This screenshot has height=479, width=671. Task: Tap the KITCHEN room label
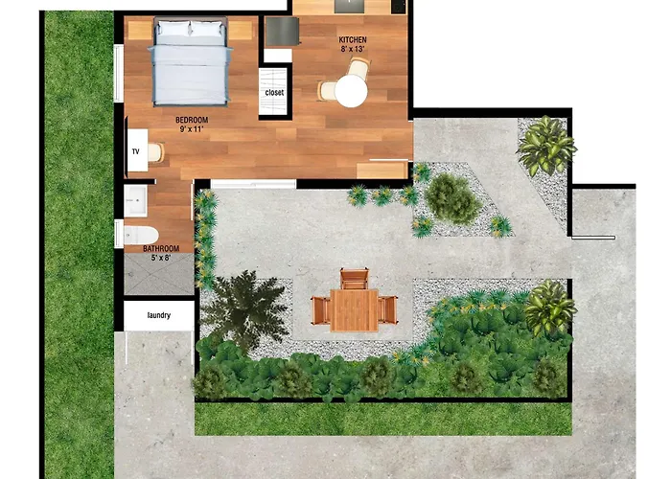click(352, 40)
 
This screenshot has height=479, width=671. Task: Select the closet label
click(275, 93)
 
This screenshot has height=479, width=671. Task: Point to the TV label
click(134, 152)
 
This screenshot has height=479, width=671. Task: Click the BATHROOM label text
click(161, 248)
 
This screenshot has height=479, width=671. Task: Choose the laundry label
click(159, 314)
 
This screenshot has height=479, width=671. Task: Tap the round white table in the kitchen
click(351, 91)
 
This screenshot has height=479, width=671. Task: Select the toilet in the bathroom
click(141, 235)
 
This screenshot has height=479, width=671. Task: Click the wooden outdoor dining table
click(354, 309)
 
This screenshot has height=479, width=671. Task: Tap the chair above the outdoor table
click(354, 279)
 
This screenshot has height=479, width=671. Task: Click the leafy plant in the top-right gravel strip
click(546, 146)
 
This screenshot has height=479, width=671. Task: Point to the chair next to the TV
click(156, 152)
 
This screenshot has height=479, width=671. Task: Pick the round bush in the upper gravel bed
click(451, 197)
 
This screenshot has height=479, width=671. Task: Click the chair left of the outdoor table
click(320, 309)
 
